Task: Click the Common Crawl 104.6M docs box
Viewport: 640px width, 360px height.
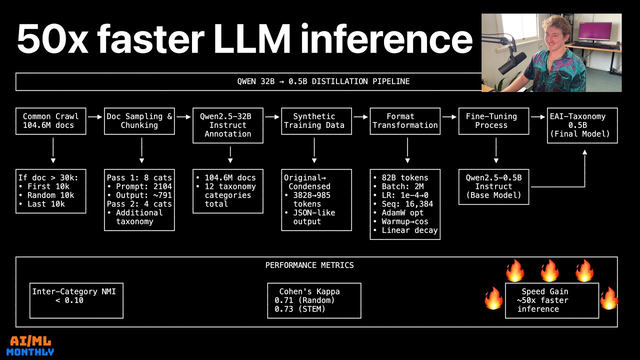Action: point(50,121)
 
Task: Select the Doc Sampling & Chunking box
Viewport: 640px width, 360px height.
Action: point(139,121)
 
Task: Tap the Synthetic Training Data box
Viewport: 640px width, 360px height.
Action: point(314,121)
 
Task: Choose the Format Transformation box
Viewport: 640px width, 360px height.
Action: point(405,121)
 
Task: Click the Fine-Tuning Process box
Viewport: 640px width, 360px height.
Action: point(493,121)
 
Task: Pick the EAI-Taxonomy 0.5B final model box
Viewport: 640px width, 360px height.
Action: point(582,125)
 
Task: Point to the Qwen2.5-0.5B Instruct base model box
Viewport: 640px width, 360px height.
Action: point(493,186)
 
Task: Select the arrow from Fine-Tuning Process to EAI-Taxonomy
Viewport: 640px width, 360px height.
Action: point(538,116)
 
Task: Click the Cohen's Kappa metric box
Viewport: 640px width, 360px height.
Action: point(314,300)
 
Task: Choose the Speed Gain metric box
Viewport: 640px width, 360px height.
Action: point(551,300)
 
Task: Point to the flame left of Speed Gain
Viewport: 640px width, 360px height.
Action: point(493,298)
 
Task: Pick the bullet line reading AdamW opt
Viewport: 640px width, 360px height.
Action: point(402,212)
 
